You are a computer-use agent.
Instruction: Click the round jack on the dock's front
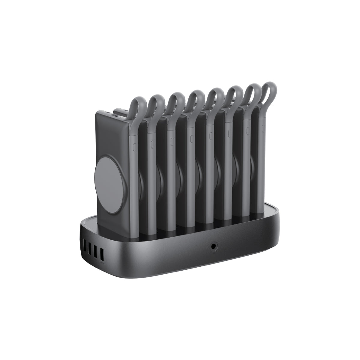pyautogui.click(x=214, y=246)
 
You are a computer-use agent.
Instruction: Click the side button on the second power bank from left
pyautogui.click(x=152, y=143)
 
